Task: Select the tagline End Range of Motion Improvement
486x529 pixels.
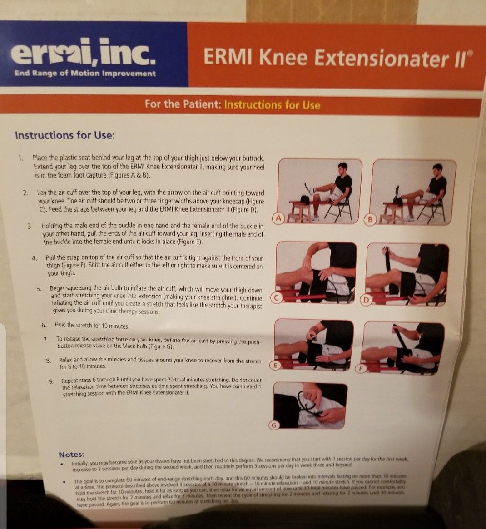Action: click(85, 74)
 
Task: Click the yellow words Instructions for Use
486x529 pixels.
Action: click(272, 105)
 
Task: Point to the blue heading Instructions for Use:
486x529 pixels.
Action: click(65, 135)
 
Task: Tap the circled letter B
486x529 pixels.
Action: click(371, 220)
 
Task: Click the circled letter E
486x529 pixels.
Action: click(275, 365)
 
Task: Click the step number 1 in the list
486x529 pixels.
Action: click(20, 158)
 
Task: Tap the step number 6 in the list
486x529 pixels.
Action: click(44, 325)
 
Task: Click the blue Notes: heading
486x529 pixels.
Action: click(71, 455)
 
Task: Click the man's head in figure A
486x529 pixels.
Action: click(342, 168)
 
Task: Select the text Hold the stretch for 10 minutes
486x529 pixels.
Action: click(92, 326)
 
